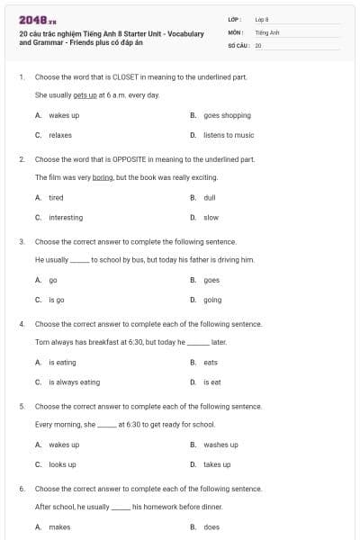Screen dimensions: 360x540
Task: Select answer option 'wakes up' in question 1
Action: tap(64, 115)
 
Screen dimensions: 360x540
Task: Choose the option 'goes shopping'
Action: tap(227, 115)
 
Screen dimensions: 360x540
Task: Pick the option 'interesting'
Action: tap(66, 217)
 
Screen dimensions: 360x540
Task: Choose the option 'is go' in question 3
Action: tap(56, 300)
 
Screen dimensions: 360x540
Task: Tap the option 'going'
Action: tap(212, 300)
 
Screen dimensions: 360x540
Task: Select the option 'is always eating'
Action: tap(74, 382)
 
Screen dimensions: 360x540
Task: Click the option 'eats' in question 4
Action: tap(211, 362)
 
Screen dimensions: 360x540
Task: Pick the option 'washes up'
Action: tap(220, 445)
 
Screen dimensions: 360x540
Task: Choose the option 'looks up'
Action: tap(62, 464)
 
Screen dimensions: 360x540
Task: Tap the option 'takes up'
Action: tap(217, 464)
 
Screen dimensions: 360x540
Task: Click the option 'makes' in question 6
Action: tap(59, 527)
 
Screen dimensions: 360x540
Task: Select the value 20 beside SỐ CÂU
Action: tap(258, 44)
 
